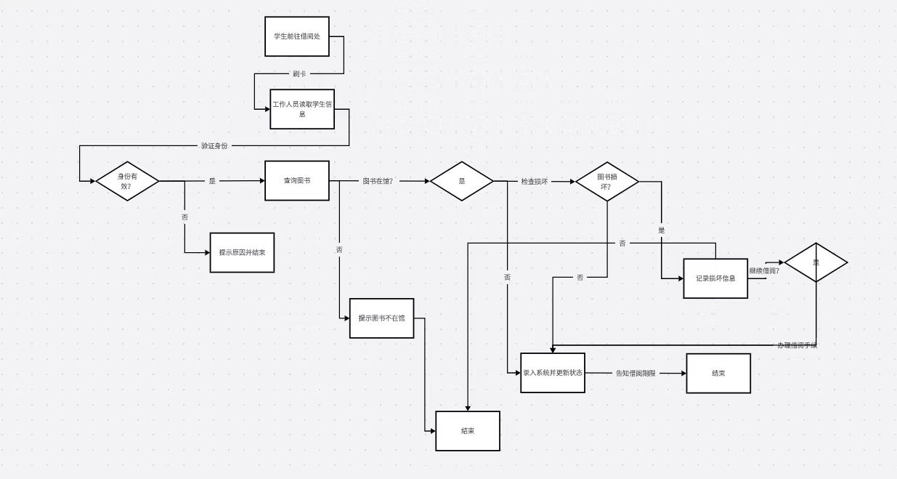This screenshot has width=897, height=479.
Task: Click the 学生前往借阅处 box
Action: click(x=296, y=36)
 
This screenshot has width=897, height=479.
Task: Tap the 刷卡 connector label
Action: click(x=299, y=73)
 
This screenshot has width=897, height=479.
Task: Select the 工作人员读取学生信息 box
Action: click(x=302, y=109)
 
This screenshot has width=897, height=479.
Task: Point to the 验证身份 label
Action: click(x=214, y=145)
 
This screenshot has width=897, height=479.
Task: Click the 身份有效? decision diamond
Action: click(x=127, y=181)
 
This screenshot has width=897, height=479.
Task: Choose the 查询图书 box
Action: click(x=296, y=180)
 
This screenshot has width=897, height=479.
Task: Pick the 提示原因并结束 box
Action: click(x=242, y=252)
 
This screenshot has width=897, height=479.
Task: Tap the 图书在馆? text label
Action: click(x=378, y=181)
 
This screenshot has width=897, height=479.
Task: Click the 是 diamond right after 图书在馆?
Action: click(x=462, y=181)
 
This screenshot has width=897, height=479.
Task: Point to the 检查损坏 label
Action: click(x=534, y=181)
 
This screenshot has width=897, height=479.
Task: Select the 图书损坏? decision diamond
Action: click(x=607, y=181)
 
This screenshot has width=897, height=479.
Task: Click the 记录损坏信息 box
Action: click(x=715, y=278)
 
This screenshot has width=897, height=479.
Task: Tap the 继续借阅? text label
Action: click(x=764, y=271)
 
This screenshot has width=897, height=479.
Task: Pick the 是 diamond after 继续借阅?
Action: click(x=816, y=262)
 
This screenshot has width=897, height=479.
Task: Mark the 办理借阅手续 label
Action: click(x=797, y=345)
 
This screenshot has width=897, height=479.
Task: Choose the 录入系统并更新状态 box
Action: click(x=553, y=372)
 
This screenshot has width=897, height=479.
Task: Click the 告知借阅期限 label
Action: click(x=636, y=373)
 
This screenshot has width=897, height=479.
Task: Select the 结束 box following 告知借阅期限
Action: click(x=718, y=373)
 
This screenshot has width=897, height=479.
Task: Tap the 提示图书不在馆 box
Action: click(x=381, y=318)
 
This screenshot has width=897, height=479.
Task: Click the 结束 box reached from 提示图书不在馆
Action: click(x=468, y=430)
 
